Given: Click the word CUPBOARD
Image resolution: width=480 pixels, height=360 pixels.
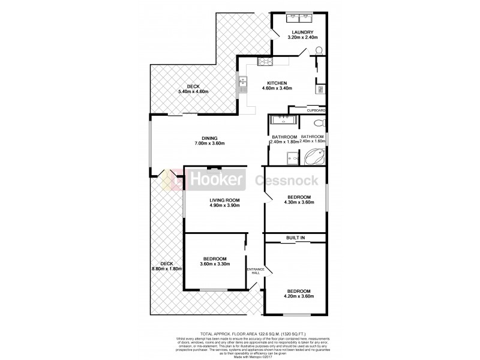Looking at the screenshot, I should coord(316,111).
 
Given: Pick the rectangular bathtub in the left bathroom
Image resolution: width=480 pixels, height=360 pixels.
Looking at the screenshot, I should coord(283,120).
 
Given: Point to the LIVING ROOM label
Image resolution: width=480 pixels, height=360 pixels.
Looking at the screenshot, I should coord(224,200).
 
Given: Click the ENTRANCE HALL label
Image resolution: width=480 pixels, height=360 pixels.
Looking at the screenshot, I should coord(256,271).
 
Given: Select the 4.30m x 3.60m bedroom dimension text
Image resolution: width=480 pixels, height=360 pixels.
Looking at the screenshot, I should coord(298,203).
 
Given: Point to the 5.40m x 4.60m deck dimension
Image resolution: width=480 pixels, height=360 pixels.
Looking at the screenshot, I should coord(193,92).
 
